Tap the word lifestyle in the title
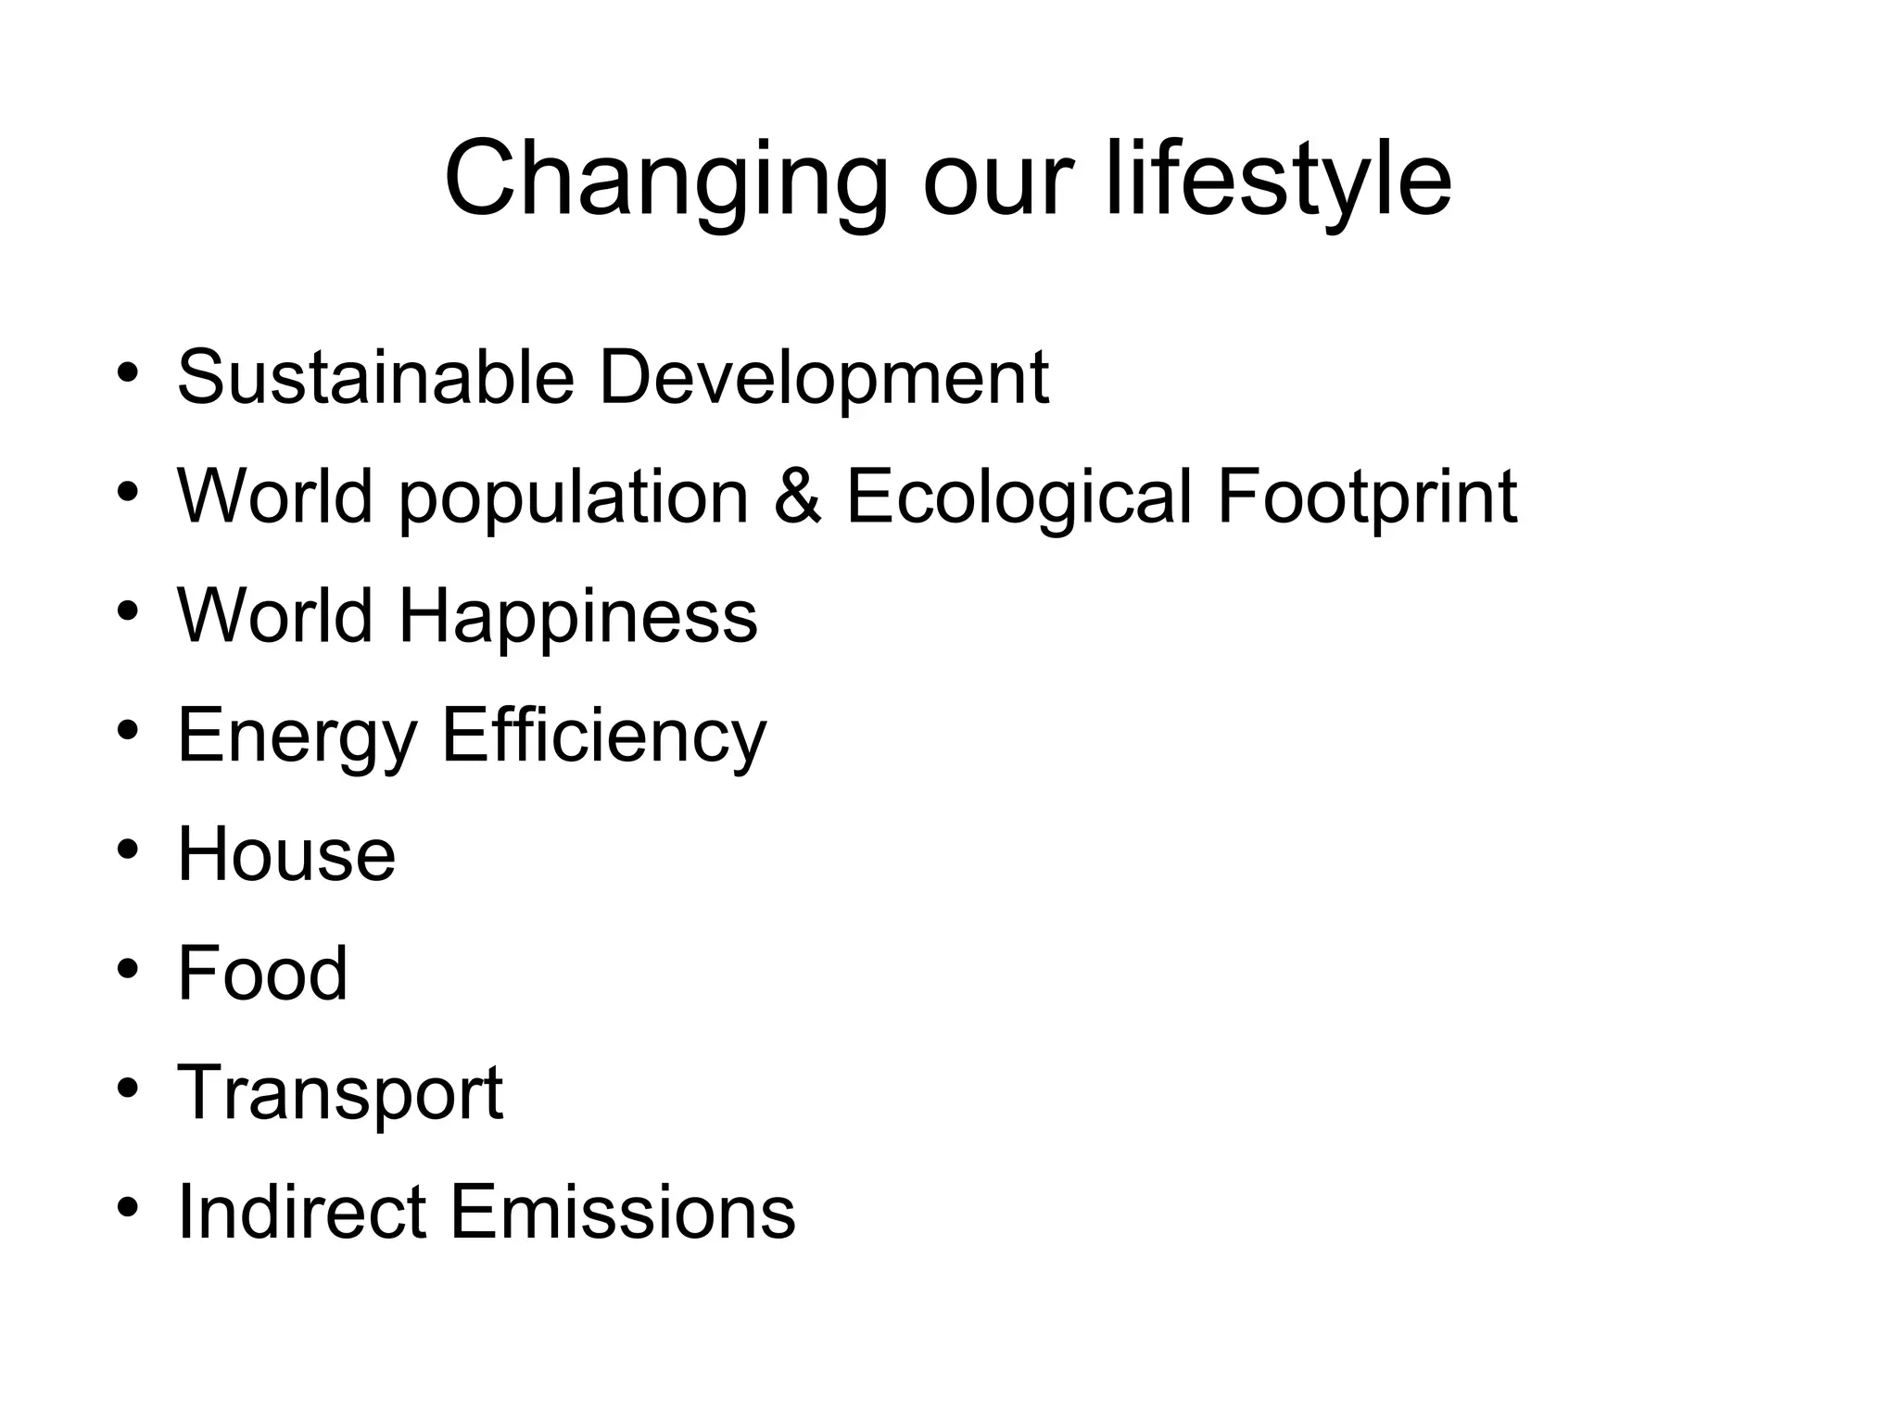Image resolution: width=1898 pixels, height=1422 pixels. [1279, 181]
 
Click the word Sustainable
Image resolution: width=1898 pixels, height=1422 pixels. [376, 377]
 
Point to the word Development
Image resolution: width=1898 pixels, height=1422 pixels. [824, 377]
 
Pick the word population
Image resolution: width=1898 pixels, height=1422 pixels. [574, 497]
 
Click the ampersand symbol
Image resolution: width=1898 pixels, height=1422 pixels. [797, 497]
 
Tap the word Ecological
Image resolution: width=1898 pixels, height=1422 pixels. [1019, 497]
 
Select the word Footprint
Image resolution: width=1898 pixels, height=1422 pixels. [1367, 497]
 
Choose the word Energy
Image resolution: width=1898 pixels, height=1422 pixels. [297, 736]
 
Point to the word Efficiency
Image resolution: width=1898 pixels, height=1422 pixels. [604, 736]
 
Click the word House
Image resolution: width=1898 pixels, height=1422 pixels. [286, 854]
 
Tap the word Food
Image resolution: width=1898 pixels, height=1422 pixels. [262, 974]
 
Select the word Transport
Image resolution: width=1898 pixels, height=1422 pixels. [340, 1094]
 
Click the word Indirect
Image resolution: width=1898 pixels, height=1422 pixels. [302, 1212]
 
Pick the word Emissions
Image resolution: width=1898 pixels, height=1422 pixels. [623, 1212]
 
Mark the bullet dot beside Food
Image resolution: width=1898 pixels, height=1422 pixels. [128, 970]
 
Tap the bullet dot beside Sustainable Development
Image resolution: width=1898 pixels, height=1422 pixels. [128, 373]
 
